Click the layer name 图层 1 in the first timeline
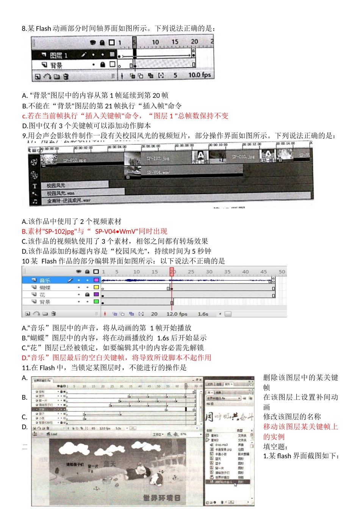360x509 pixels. click(59, 55)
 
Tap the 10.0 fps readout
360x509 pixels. click(199, 75)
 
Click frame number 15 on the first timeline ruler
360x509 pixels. click(175, 42)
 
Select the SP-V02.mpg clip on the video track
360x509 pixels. click(75, 160)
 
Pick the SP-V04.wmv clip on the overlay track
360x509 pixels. click(158, 172)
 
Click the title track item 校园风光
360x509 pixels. click(56, 186)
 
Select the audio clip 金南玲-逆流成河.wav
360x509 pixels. click(69, 201)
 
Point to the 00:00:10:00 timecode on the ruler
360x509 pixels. click(218, 145)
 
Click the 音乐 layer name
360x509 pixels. click(45, 281)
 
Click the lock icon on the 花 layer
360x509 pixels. click(87, 295)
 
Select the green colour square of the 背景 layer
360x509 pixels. click(96, 302)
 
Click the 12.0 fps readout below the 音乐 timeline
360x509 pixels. click(177, 314)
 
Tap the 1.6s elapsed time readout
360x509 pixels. click(203, 314)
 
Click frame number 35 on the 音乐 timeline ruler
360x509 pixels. click(227, 272)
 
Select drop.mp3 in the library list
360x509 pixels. click(222, 445)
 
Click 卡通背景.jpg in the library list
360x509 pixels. click(223, 449)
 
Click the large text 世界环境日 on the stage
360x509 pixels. click(161, 498)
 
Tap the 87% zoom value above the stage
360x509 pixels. click(183, 434)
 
